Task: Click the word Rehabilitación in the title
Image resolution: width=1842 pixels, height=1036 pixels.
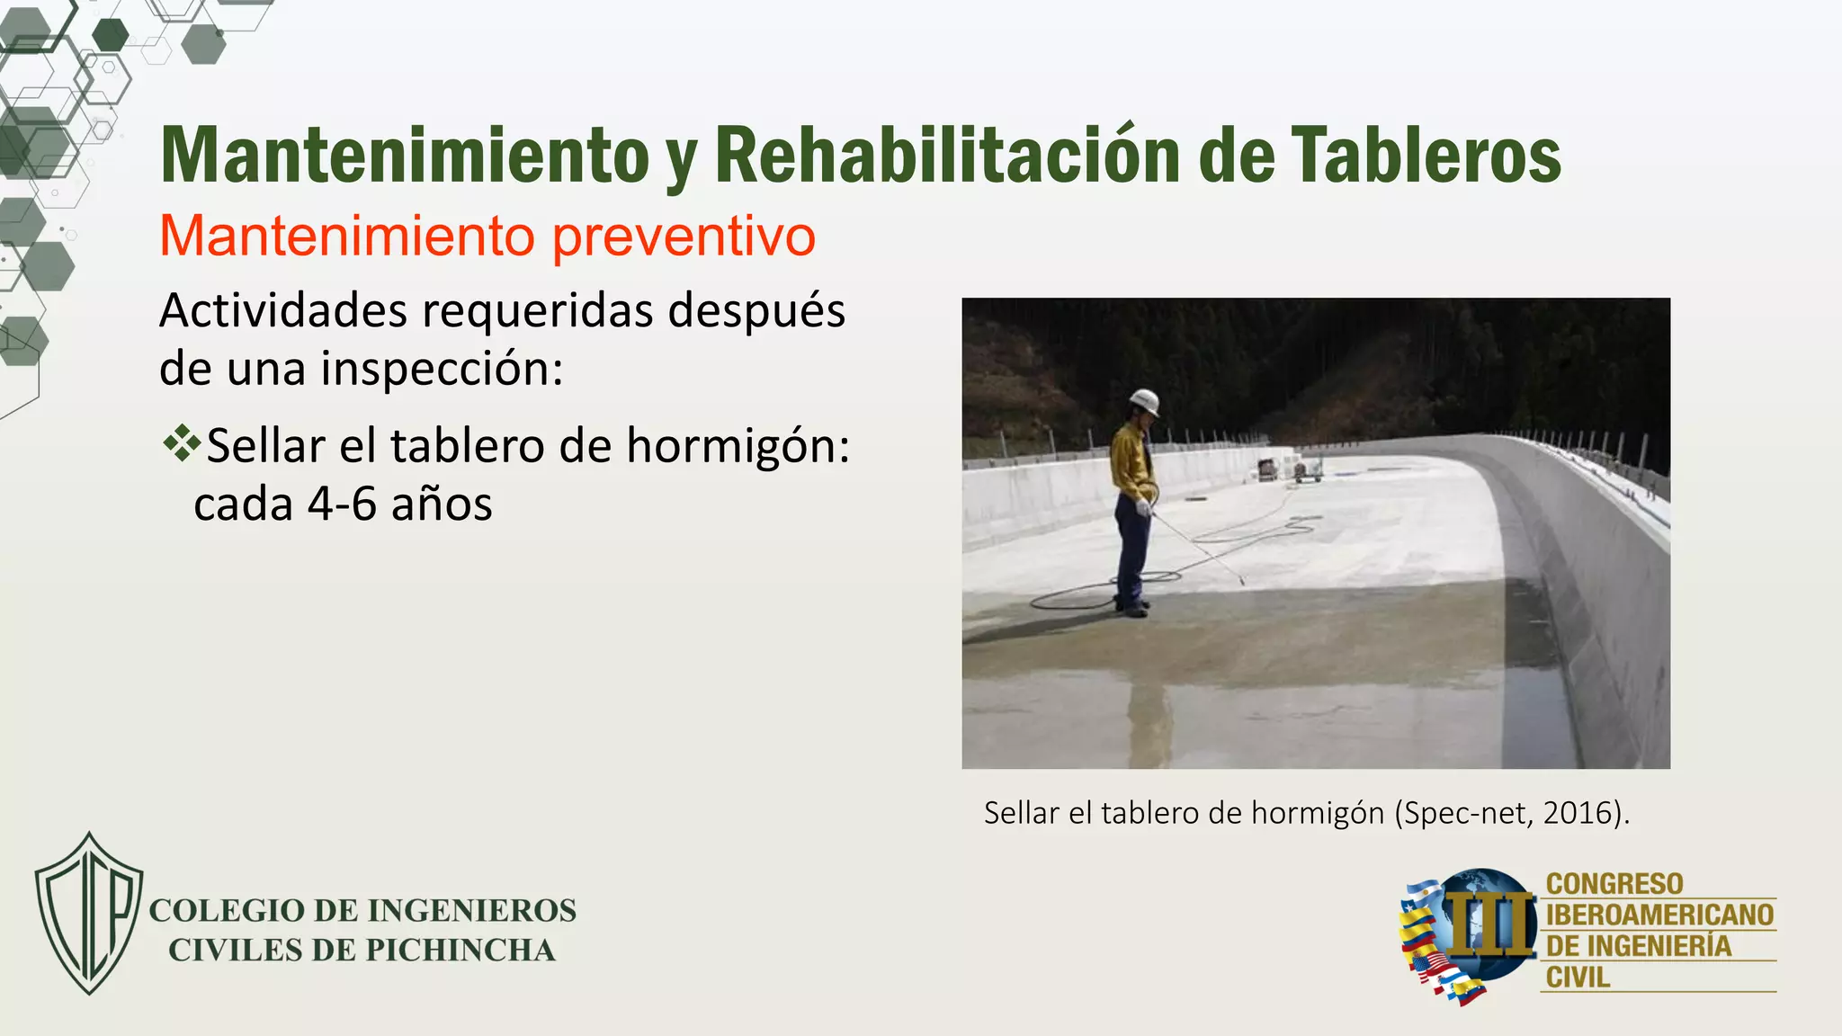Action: (946, 155)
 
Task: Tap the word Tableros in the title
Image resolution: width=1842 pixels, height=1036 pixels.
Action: (1426, 155)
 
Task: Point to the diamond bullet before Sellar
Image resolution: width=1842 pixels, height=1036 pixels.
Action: (182, 443)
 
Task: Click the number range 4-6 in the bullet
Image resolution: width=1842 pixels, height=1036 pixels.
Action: (342, 504)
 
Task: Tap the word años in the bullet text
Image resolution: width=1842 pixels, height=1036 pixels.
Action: (442, 504)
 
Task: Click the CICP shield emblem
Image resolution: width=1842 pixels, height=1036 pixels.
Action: (88, 913)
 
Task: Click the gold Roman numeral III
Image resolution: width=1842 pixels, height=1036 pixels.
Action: (1489, 924)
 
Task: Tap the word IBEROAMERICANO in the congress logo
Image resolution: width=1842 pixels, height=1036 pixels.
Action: (1659, 915)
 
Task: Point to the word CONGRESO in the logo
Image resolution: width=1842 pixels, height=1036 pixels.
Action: (1614, 884)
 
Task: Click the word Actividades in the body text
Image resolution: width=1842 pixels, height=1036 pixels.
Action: (283, 311)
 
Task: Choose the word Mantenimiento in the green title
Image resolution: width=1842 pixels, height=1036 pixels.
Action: (405, 155)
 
